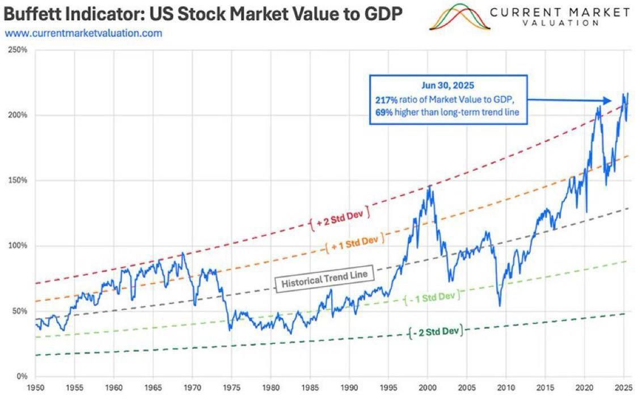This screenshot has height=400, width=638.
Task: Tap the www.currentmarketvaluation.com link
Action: (x=83, y=33)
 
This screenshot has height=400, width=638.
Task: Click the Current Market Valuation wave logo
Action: (x=459, y=17)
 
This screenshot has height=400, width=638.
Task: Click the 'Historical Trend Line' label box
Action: (x=325, y=279)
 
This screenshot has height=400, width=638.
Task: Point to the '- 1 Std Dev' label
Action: (x=432, y=297)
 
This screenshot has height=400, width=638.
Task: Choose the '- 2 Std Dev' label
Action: (x=435, y=331)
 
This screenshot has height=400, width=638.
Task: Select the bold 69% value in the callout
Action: (x=384, y=112)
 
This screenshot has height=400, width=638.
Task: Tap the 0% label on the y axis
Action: (x=22, y=376)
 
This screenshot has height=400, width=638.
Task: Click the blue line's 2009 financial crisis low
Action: (x=500, y=306)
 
